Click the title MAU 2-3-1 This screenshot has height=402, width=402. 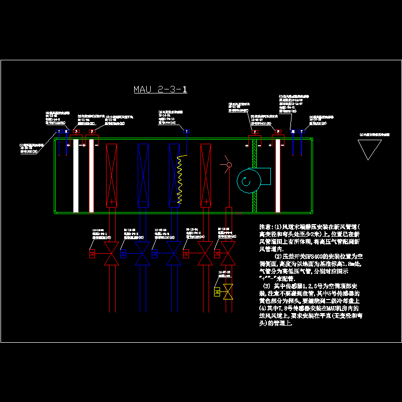coord(160,90)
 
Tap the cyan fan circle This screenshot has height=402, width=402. coord(247,182)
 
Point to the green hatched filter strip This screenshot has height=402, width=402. coord(254,175)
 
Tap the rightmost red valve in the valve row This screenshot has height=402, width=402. coord(229,254)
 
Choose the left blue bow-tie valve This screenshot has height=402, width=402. coord(142,254)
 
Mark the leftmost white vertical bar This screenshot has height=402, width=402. coord(76,175)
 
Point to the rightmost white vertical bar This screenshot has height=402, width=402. coord(277,175)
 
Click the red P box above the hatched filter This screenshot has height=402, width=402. coord(255,132)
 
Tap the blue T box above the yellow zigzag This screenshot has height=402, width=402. coord(187,132)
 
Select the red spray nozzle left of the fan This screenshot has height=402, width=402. coord(229,165)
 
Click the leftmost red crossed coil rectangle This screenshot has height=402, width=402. coord(112,175)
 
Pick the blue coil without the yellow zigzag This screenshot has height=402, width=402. coord(143,175)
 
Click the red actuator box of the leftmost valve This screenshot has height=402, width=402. coord(92,254)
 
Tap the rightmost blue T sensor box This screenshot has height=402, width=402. coord(301,132)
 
